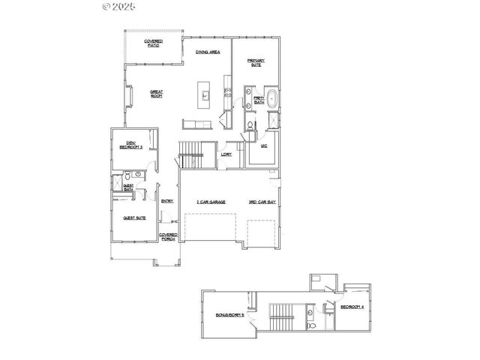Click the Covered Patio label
point(154,43)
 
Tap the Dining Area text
point(206,52)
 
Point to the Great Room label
point(157,94)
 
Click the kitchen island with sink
point(202,94)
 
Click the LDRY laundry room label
point(225,155)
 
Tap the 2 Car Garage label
point(211,203)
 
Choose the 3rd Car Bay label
point(262,203)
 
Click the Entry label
point(167,200)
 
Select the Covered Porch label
point(168,237)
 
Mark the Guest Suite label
point(134,218)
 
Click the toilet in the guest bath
point(127,180)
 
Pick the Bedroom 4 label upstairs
point(352,307)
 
